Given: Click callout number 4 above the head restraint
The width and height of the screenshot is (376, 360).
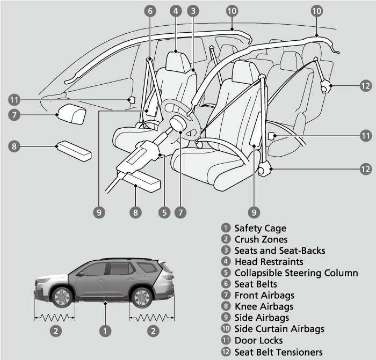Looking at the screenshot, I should (x=176, y=10).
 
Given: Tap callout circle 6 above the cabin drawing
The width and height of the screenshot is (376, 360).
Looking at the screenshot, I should (x=150, y=10).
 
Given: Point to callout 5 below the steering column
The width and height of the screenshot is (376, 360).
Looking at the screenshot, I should (x=165, y=211).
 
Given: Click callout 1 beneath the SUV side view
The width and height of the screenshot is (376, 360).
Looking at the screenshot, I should (x=106, y=330).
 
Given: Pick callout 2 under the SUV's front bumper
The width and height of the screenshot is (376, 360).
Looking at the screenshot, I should (x=55, y=330).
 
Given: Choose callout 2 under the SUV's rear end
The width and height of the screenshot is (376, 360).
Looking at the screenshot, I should (x=154, y=330).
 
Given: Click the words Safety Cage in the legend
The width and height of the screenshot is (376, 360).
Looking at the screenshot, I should (x=260, y=229).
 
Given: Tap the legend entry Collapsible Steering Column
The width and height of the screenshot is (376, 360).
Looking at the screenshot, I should (x=296, y=273).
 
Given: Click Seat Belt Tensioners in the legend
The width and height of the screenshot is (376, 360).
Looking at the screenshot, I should (x=278, y=352).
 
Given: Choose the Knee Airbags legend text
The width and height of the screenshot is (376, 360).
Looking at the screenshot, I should (x=264, y=306).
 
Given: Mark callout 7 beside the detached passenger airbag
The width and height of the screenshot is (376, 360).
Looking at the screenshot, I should (x=15, y=114).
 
